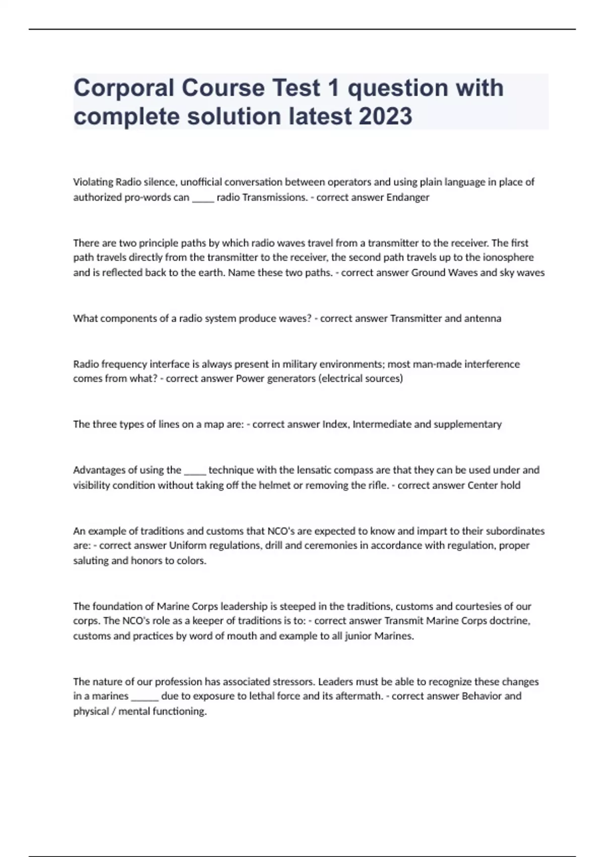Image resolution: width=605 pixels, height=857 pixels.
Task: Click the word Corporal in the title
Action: click(x=124, y=88)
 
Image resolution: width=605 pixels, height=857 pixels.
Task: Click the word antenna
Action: click(x=482, y=319)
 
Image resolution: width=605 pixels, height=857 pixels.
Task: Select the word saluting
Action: click(x=91, y=561)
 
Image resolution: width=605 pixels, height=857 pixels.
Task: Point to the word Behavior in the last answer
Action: click(x=481, y=696)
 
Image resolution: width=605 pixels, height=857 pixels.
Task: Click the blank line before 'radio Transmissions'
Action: click(x=203, y=199)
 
